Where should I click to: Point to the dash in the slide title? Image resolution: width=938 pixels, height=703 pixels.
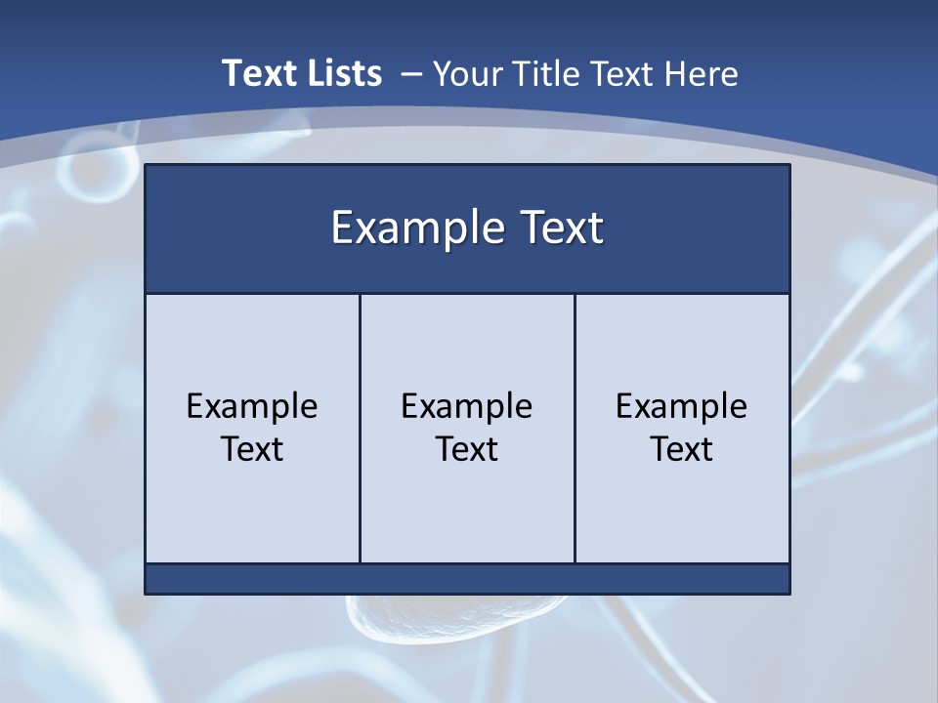[411, 73]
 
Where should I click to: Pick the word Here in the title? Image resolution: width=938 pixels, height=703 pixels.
[701, 73]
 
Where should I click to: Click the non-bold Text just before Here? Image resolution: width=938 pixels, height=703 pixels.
[625, 73]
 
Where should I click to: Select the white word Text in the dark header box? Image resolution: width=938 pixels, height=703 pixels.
[558, 228]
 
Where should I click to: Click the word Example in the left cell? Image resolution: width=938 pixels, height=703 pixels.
[252, 406]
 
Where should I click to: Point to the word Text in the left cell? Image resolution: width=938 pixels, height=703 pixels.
[252, 449]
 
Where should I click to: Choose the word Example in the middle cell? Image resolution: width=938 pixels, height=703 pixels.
[467, 406]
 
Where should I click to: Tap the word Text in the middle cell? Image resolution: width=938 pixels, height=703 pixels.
[467, 449]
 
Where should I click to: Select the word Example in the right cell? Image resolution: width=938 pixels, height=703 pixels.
[682, 406]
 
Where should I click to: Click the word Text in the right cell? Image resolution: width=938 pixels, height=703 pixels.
[682, 449]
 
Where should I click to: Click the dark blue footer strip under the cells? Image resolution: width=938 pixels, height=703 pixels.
[467, 579]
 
